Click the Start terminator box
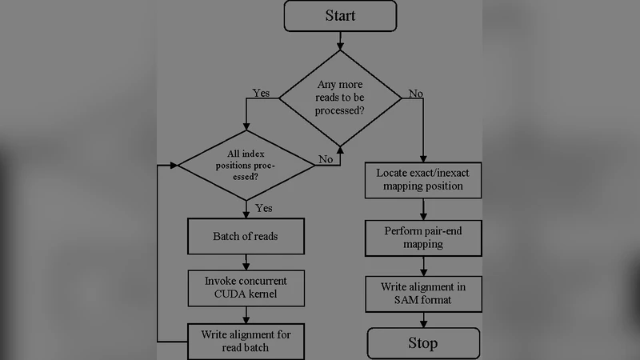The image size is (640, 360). (x=340, y=16)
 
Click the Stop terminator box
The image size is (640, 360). (x=423, y=343)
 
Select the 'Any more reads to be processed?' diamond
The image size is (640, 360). (x=341, y=98)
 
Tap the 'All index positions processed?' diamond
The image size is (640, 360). (x=246, y=165)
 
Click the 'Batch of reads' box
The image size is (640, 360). (x=246, y=237)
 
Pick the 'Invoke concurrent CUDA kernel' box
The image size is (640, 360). (x=246, y=289)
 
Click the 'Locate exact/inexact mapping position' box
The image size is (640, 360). (x=424, y=181)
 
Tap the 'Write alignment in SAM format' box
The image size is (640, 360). (x=424, y=293)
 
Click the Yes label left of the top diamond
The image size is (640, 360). (x=262, y=93)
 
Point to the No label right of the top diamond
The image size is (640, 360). (x=416, y=93)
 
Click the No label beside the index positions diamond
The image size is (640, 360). (x=326, y=159)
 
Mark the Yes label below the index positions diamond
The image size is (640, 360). (x=263, y=208)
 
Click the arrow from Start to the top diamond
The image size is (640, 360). (x=341, y=40)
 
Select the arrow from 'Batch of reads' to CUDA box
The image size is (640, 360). (x=246, y=262)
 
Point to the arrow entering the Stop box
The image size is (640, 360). (x=423, y=320)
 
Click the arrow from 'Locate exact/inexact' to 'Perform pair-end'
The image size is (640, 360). (x=424, y=209)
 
